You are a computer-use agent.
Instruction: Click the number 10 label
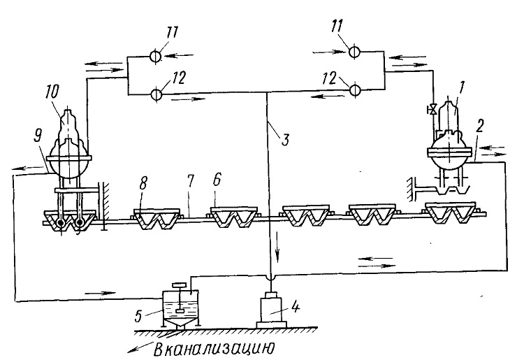52,92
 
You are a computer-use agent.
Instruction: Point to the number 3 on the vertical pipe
284,138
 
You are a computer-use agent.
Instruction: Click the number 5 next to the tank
139,315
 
